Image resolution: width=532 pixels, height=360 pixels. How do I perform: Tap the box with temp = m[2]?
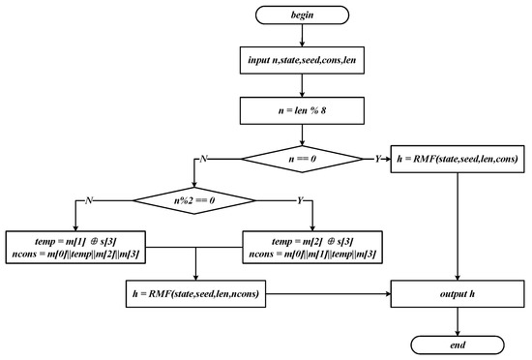pos(310,246)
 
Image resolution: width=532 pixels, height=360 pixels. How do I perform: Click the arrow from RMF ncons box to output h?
pos(329,291)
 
